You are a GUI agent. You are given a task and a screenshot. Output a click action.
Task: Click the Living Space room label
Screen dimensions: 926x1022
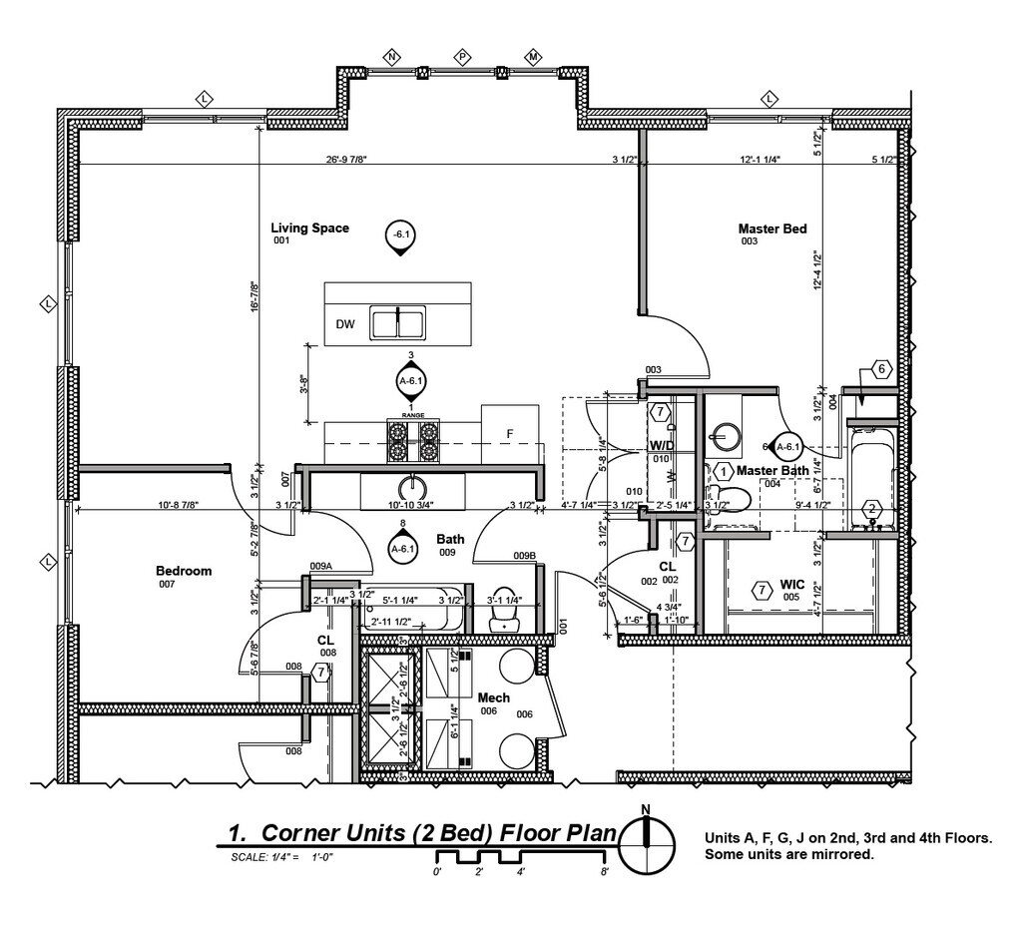pyautogui.click(x=310, y=229)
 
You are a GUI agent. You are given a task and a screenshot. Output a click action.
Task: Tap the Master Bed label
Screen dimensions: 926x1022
pyautogui.click(x=771, y=230)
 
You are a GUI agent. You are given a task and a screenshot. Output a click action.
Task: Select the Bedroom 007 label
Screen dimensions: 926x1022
pyautogui.click(x=184, y=571)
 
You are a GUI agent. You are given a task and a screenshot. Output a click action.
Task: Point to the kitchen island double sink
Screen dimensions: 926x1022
pyautogui.click(x=398, y=323)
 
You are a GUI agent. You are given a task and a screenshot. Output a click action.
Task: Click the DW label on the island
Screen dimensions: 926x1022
pyautogui.click(x=345, y=324)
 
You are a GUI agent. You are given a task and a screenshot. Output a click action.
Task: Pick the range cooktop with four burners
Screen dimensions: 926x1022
pyautogui.click(x=413, y=440)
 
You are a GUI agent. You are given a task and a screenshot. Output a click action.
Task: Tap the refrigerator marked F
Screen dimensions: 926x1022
pyautogui.click(x=510, y=433)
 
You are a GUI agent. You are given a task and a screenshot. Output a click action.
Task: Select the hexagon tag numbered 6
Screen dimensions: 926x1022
pyautogui.click(x=880, y=369)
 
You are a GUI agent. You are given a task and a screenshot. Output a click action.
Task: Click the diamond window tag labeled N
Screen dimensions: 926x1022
pyautogui.click(x=392, y=56)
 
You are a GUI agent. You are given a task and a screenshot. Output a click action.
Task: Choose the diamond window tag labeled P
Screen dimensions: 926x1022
pyautogui.click(x=463, y=56)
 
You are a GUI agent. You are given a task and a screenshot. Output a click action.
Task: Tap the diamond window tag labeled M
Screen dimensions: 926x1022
pyautogui.click(x=534, y=56)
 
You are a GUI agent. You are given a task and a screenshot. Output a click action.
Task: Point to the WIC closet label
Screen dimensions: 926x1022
pyautogui.click(x=792, y=584)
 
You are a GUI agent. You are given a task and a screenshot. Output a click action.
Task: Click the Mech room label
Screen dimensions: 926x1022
pyautogui.click(x=494, y=697)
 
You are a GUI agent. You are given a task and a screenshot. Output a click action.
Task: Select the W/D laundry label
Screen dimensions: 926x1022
pyautogui.click(x=662, y=444)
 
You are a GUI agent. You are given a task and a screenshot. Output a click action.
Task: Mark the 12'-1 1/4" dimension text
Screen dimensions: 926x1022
pyautogui.click(x=760, y=159)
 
